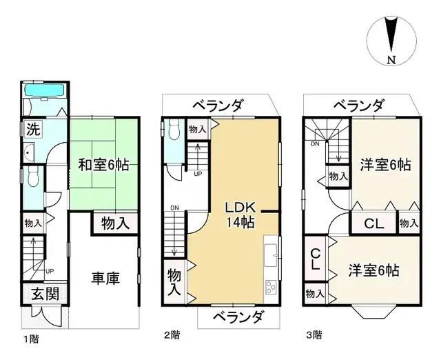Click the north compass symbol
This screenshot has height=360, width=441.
point(391,41)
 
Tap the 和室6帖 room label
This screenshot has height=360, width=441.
point(104,165)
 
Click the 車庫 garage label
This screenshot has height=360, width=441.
point(106,279)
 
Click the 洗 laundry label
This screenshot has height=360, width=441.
point(32,128)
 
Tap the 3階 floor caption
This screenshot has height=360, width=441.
point(314,335)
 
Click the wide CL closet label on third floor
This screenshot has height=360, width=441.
point(373,223)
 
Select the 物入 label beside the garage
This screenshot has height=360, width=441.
point(114,223)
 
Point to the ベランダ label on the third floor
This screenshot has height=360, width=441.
point(359,106)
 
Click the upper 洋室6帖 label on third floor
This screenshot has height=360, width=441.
point(385,165)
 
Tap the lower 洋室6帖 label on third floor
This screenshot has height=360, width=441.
point(373,270)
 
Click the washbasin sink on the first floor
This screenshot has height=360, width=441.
point(29,153)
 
